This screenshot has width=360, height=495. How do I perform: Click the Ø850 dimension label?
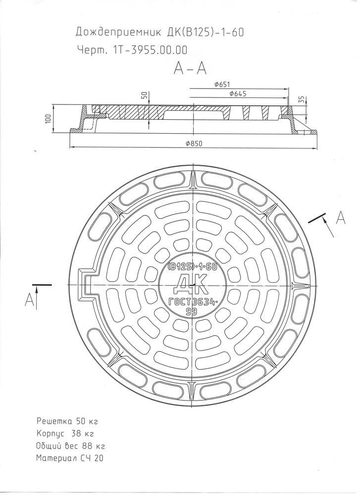[x=194, y=144]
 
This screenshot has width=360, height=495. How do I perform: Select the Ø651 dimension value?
[x=221, y=84]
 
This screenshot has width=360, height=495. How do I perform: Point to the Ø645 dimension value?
[x=238, y=94]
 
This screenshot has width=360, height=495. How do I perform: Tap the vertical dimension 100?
[x=49, y=118]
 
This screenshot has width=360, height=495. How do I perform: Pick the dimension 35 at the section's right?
[x=301, y=99]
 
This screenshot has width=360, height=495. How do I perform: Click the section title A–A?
[x=190, y=68]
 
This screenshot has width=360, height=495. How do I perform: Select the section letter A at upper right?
[x=340, y=218]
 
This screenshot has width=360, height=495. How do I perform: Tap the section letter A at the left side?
[x=29, y=299]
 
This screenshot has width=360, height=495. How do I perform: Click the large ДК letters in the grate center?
[x=191, y=284]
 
